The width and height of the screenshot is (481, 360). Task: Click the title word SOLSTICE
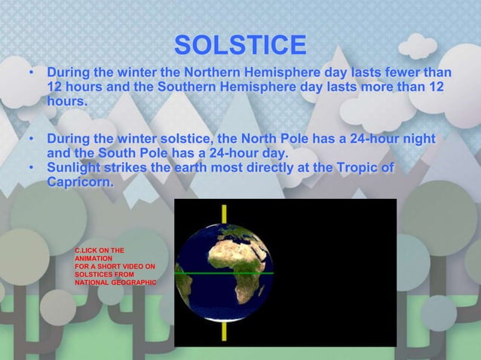click(x=240, y=46)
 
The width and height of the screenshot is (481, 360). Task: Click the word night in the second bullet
click(x=418, y=139)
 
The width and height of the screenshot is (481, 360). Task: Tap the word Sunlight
click(x=78, y=167)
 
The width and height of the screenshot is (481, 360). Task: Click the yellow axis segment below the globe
click(x=224, y=332)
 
